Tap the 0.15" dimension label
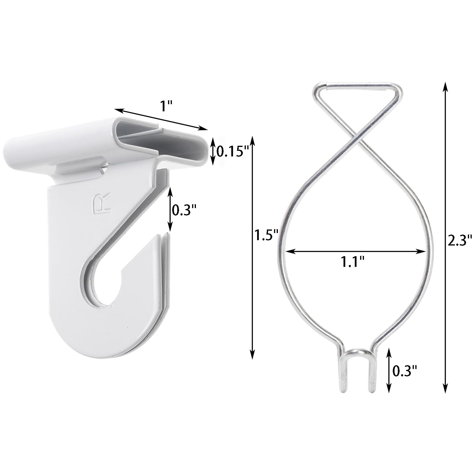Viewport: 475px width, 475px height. coord(232,152)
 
